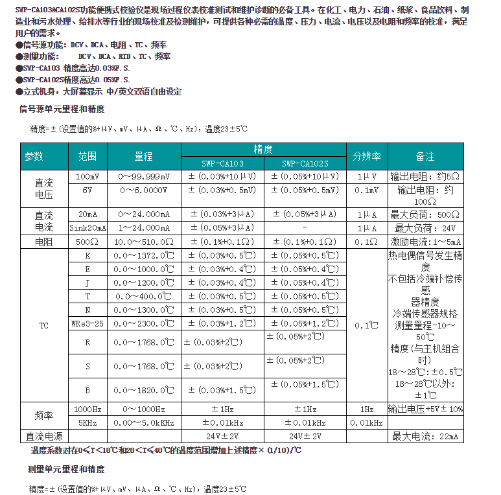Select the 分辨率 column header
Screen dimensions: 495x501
[x=366, y=156]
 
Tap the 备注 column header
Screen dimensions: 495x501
[x=425, y=156]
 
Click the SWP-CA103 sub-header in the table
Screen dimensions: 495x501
[x=222, y=164]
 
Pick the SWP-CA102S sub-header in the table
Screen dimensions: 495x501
[x=305, y=164]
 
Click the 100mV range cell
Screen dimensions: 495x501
[x=87, y=176]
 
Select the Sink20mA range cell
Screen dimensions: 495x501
[x=87, y=228]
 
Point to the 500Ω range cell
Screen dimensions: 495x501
[x=87, y=242]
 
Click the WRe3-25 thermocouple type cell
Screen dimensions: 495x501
[x=87, y=323]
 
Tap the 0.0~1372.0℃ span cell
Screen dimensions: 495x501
[x=144, y=255]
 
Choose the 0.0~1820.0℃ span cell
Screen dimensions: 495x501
[x=144, y=391]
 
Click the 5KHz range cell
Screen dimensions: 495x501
[x=87, y=422]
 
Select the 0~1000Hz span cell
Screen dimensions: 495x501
[x=144, y=409]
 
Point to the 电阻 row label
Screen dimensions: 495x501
[x=44, y=242]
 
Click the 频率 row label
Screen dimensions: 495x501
[x=44, y=416]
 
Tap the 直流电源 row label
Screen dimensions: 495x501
[x=44, y=436]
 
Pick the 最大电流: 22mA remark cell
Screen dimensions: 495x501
[x=425, y=436]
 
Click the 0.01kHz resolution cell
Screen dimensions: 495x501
[x=366, y=422]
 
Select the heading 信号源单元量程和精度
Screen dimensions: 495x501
[x=62, y=109]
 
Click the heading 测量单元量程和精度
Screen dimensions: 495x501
[x=62, y=468]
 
